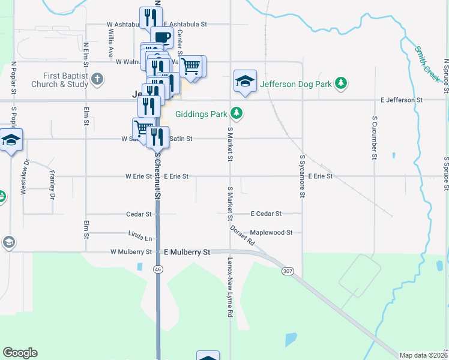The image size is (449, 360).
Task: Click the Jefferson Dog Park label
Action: click(x=295, y=85)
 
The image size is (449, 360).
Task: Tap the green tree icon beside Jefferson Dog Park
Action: click(x=341, y=83)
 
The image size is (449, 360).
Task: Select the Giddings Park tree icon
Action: click(x=237, y=113)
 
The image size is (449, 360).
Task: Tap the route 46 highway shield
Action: click(x=158, y=270)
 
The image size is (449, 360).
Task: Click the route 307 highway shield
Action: click(x=288, y=272)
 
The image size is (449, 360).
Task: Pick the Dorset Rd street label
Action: click(x=243, y=234)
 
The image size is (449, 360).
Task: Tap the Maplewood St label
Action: click(x=271, y=232)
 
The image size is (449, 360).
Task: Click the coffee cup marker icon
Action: click(x=161, y=37)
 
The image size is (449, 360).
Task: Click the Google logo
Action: click(x=20, y=353)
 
